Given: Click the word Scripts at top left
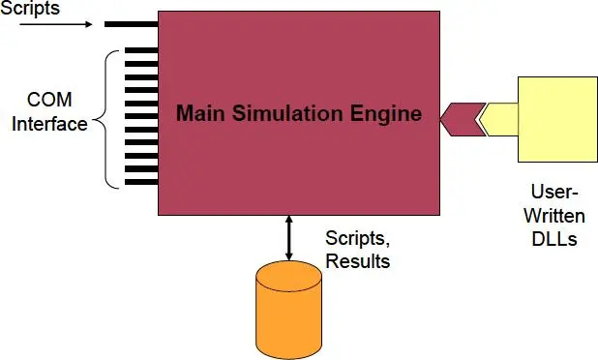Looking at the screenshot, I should coord(31,8).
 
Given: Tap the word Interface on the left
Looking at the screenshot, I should coord(48,124).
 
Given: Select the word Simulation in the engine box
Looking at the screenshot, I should coord(287,113).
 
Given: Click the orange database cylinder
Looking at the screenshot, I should coord(288,309).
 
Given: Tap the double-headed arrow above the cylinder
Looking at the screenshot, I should coord(288,238).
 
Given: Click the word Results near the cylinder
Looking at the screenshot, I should coord(357,261).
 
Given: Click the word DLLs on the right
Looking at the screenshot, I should coord(554,237).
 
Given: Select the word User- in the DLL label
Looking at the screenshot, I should coord(554,193).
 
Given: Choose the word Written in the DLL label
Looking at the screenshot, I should coord(554,215).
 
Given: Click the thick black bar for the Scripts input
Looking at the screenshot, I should coord(131,23).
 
